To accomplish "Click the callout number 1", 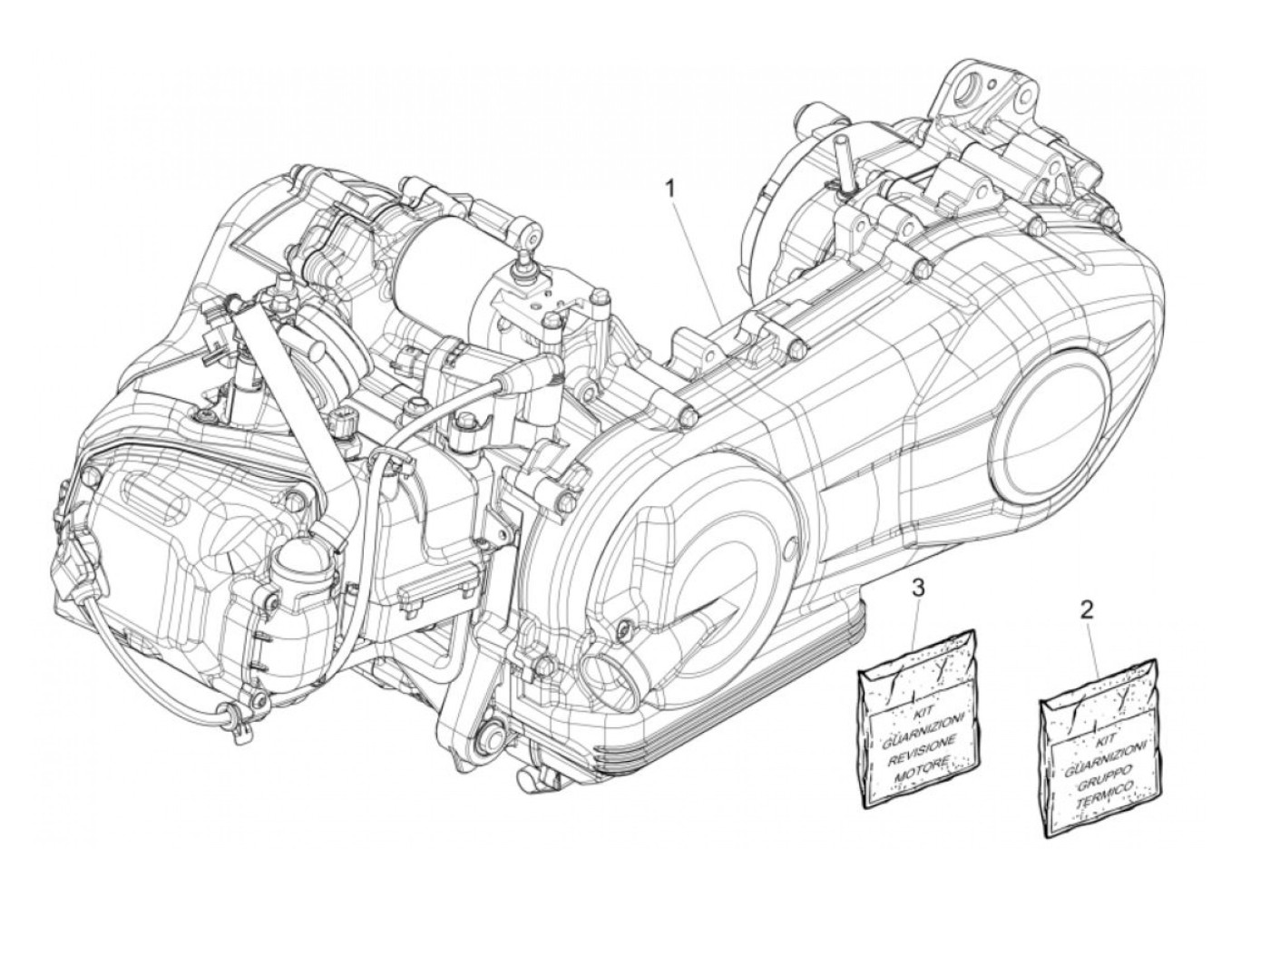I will point(671,189).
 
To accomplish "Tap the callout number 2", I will point(1087,608).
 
